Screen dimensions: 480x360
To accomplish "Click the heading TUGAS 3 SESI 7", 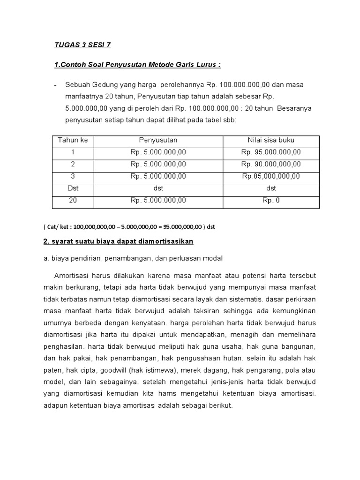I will pos(83,45).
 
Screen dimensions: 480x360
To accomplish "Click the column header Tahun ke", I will pos(73,140).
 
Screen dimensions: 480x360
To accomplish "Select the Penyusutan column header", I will pos(158,140).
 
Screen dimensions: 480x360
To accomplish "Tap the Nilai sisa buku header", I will pos(271,140).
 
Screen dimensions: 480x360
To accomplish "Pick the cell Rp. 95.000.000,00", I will pos(271,152).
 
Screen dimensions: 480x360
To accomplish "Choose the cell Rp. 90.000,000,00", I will pos(271,165).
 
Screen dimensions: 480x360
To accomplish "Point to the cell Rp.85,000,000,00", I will pos(271,176).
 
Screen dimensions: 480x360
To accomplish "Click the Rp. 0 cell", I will pos(271,200).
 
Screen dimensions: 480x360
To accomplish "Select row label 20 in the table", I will pos(73,200).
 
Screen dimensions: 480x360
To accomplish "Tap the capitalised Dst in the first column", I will pos(73,188).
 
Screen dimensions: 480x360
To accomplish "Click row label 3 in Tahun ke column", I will pos(73,176).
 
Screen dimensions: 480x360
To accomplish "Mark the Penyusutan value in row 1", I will pos(158,152).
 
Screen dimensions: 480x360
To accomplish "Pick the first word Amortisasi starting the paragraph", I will pos(70,275).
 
